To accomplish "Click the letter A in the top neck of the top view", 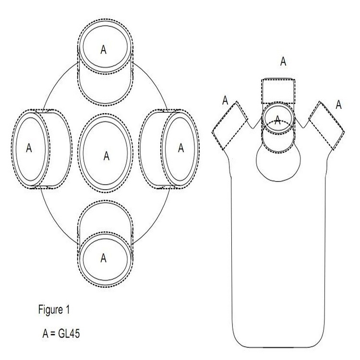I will (x=103, y=49).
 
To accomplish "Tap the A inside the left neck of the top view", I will (x=29, y=148).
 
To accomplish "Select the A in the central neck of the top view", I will (x=106, y=156).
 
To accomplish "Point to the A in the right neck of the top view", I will (x=180, y=148).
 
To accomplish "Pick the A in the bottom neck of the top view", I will (x=103, y=258).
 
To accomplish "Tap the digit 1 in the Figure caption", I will (x=67, y=310).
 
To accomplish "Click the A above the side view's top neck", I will (x=283, y=61).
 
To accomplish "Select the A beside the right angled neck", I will (x=339, y=104).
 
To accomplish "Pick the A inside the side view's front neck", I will (x=277, y=120).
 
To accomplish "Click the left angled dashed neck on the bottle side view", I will (x=229, y=126).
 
